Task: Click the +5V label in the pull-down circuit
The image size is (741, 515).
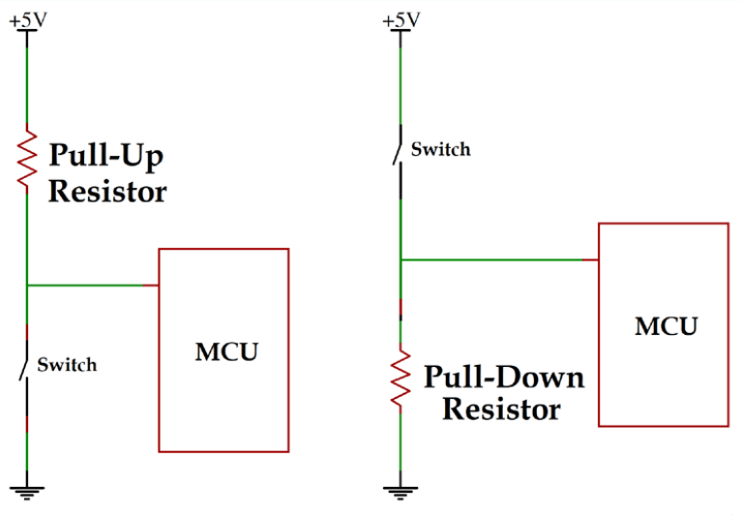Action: coord(400,18)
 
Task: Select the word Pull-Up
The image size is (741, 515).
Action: coord(106,156)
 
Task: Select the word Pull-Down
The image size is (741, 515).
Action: coord(503,376)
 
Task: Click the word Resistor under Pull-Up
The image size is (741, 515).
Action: coord(106,191)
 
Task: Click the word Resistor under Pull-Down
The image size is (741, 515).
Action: coord(501,409)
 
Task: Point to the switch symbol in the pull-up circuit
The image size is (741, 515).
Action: coord(24,366)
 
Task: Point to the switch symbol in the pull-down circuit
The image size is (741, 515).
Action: coord(398,150)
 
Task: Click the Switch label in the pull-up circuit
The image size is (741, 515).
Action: coord(67,365)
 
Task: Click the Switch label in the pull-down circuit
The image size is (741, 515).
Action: coord(440,149)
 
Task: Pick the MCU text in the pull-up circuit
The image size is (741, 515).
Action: coord(226,351)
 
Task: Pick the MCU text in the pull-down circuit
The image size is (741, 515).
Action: coord(666,326)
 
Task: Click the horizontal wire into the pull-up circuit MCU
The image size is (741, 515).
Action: coord(93,286)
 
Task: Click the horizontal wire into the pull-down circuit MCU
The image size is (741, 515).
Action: coord(499,259)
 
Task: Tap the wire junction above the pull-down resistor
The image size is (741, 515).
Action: coord(400,259)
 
